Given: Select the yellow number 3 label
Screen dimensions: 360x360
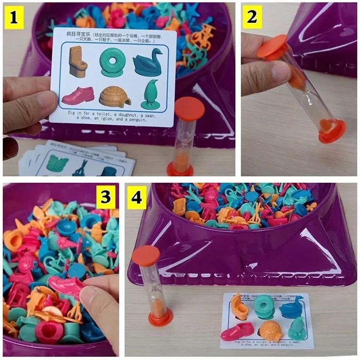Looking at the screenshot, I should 106,198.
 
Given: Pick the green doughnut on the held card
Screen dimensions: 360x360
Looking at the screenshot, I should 112,61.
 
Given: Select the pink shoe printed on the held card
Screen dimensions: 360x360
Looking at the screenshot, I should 78,95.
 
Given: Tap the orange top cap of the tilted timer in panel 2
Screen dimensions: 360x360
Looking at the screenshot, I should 272,46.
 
